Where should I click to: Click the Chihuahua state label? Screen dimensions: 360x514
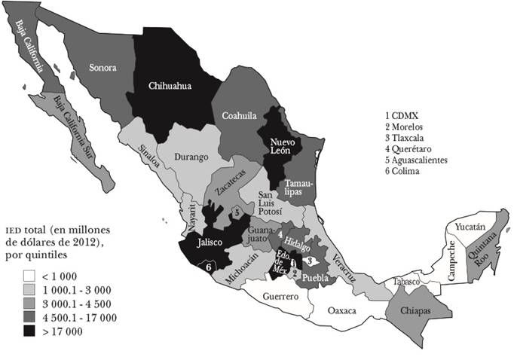tap(170, 86)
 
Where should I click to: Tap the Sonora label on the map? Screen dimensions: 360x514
tap(103, 68)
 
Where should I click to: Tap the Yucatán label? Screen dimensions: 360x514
tap(472, 224)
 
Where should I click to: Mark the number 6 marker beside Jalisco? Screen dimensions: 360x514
tap(208, 264)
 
